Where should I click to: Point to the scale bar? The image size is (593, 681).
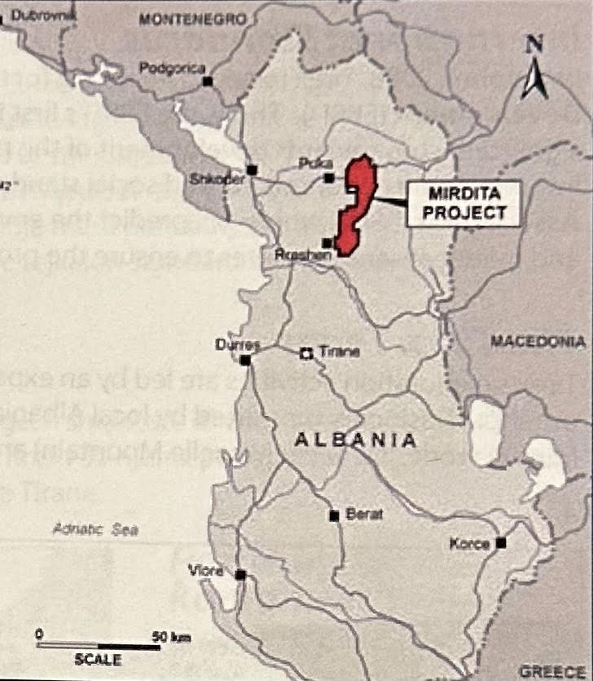click(99, 646)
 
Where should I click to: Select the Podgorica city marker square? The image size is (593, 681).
click(209, 81)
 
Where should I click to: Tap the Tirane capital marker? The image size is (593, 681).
click(306, 353)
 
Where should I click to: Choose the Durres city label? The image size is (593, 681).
click(237, 344)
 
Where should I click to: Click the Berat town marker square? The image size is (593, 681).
click(333, 515)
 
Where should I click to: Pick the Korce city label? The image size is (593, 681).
click(469, 544)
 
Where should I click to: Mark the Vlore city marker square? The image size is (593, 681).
click(240, 575)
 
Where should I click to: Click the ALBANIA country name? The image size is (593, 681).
click(355, 440)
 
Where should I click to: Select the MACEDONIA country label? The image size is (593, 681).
click(538, 342)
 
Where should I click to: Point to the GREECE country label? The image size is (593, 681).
click(554, 670)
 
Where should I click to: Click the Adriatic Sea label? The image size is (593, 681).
click(95, 529)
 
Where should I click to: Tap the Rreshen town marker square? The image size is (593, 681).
click(327, 242)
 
